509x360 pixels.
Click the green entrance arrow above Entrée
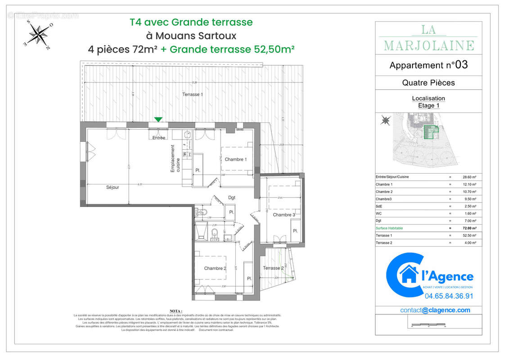[x=158, y=119]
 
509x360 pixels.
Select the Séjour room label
[x=113, y=187]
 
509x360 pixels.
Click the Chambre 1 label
[x=236, y=159]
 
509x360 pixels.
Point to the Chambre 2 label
[x=215, y=268]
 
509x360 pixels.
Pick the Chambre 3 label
[x=284, y=215]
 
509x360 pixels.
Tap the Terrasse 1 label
[x=192, y=94]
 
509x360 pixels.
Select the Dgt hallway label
[x=232, y=198]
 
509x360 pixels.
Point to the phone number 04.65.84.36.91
[x=449, y=296]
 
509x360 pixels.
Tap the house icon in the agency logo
[x=409, y=274]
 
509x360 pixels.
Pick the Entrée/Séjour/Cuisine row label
[x=393, y=177]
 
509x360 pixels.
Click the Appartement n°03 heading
[x=428, y=65]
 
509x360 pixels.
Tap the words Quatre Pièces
[x=428, y=82]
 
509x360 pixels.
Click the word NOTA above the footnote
[x=176, y=311]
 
